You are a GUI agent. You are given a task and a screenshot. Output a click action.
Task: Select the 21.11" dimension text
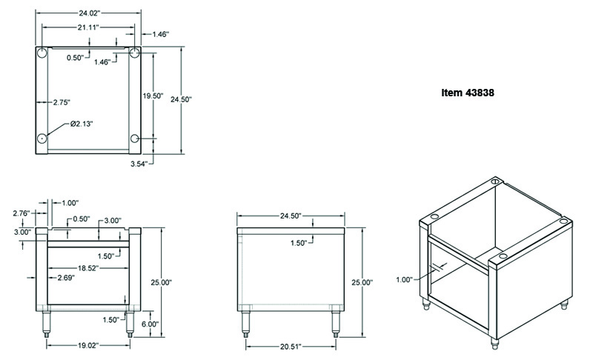(x=86, y=27)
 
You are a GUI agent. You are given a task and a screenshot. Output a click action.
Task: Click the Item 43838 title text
(x=468, y=93)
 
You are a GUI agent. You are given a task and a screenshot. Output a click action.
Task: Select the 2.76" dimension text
(x=21, y=213)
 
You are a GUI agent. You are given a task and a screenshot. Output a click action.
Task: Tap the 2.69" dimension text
(x=69, y=278)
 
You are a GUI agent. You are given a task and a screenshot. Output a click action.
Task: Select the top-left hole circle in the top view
(x=43, y=53)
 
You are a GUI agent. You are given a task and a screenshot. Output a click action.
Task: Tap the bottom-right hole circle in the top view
(x=135, y=139)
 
